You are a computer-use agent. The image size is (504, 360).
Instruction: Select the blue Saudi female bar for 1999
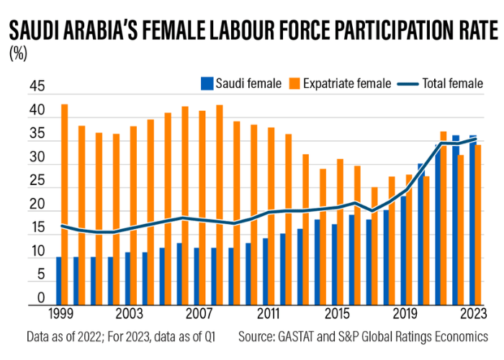58,280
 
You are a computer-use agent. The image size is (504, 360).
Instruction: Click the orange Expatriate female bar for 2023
478,224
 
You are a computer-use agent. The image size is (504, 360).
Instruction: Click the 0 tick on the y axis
40,297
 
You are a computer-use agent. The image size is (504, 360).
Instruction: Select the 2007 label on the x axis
197,314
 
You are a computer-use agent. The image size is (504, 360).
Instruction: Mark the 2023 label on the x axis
472,314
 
